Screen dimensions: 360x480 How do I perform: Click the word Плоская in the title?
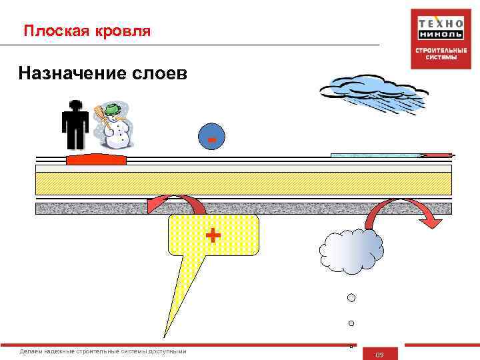(x=52, y=31)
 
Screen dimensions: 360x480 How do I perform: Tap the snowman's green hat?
(x=113, y=107)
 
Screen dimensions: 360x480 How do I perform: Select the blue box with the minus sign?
(x=211, y=137)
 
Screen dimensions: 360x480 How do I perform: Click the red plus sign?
(x=213, y=235)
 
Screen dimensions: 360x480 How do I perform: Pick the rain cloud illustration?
(x=374, y=93)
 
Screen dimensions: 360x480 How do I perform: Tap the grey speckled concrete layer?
(x=243, y=209)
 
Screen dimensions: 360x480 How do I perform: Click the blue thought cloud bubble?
(x=351, y=252)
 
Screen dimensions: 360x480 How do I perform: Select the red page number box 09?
(x=379, y=354)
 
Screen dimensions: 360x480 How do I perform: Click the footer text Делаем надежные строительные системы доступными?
(x=103, y=351)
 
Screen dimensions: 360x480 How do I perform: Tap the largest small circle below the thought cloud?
(x=351, y=297)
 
